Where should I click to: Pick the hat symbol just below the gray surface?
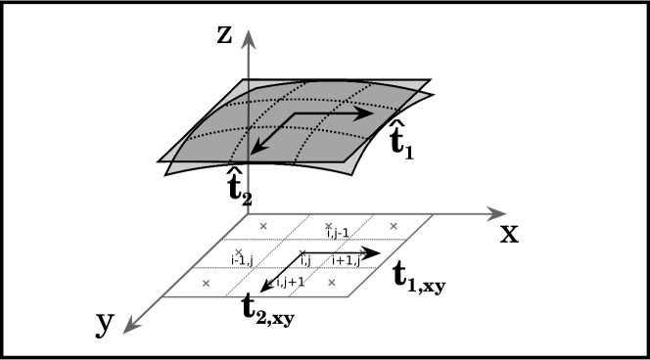click(233, 173)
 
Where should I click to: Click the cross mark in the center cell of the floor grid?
click(301, 252)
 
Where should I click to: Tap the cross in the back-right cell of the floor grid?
click(393, 226)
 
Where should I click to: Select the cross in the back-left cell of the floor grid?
click(262, 226)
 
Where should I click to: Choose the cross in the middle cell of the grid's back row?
click(328, 226)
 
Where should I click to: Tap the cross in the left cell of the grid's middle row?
click(236, 252)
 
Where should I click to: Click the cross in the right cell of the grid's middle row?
click(361, 252)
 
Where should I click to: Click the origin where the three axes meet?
click(250, 213)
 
